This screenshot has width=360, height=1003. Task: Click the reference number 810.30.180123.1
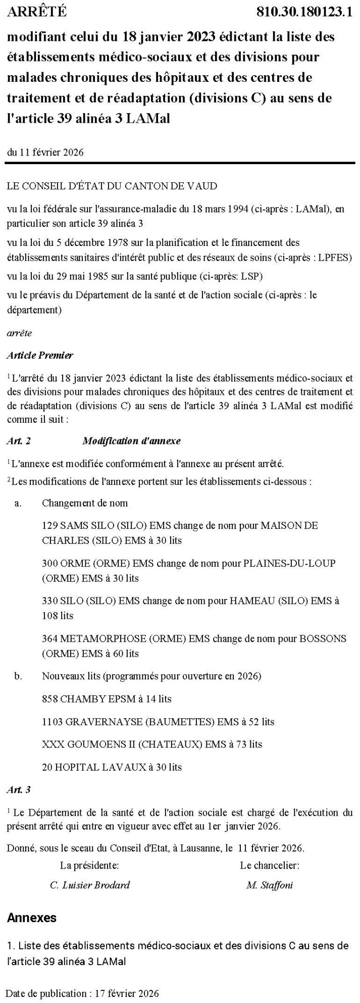[304, 12]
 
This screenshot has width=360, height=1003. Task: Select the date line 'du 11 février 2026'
[45, 152]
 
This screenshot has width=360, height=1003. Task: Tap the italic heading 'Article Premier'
[40, 355]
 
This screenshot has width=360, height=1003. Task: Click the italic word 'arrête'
[19, 333]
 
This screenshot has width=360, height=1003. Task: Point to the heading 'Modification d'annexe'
[131, 441]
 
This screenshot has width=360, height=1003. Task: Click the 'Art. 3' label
[19, 789]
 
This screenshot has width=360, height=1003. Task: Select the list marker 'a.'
[18, 503]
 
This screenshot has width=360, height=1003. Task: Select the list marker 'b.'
[18, 676]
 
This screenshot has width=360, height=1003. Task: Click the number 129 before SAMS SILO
[50, 526]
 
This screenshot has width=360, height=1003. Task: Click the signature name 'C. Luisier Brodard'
[90, 885]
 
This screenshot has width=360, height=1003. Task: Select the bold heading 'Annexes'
[32, 918]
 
